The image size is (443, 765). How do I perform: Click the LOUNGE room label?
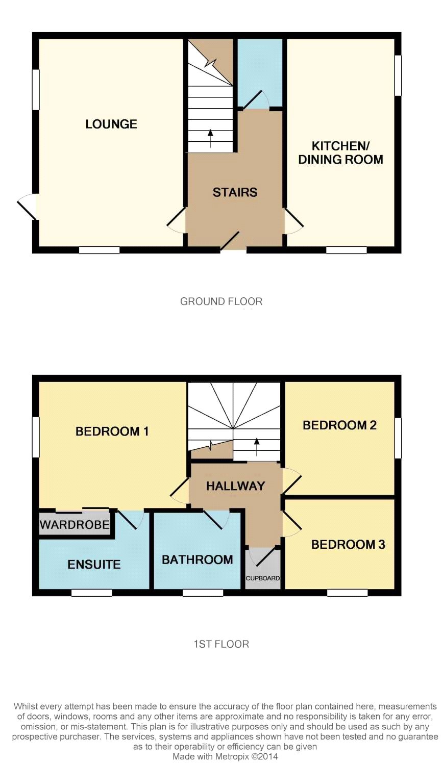pos(111,124)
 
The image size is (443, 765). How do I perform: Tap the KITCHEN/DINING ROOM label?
pos(340,152)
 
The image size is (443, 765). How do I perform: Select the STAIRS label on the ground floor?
pos(235,192)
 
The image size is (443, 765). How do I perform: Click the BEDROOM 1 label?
pos(112,431)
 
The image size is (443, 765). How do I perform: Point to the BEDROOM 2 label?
pos(339,425)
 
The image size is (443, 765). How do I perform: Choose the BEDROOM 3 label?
pos(348,544)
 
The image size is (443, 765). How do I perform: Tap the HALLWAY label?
pos(235,486)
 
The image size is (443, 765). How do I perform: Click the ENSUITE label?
pos(94,565)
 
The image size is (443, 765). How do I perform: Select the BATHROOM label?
pos(197,560)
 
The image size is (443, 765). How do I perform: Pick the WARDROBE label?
pos(75,524)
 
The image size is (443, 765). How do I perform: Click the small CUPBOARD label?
pos(262,578)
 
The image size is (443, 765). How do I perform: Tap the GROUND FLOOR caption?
pos(221,301)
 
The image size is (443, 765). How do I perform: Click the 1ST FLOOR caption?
pos(221,644)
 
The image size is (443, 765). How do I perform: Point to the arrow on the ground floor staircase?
pos(210,138)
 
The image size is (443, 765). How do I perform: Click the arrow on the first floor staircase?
pos(256,447)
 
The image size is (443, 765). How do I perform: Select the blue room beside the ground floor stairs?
pos(260,72)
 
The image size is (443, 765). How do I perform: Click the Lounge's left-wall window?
pos(36,90)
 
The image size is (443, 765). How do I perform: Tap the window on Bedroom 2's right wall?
pos(398,438)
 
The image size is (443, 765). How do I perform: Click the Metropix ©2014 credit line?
pos(225,756)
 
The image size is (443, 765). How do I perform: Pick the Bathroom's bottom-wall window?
pos(203,593)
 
